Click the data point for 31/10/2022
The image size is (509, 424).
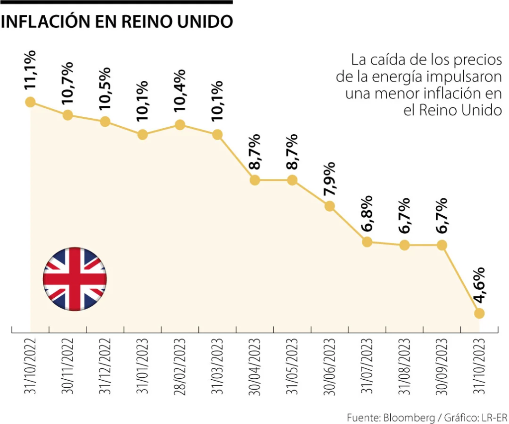tap(30, 102)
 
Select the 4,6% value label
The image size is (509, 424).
tap(480, 285)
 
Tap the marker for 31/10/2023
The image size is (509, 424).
tap(479, 313)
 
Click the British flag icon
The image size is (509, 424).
tap(75, 277)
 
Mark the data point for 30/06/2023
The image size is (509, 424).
tap(330, 206)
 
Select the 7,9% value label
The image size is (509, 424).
tap(330, 179)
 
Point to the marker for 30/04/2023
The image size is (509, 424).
tap(254, 180)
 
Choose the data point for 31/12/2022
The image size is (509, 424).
tap(105, 122)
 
